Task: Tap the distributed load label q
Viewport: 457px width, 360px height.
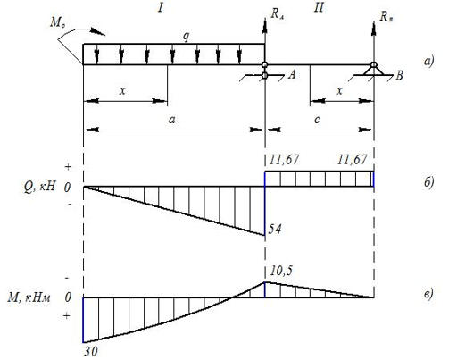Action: (x=186, y=37)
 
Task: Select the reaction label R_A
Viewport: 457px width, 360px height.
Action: (x=277, y=13)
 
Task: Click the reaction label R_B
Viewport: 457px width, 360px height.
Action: (x=386, y=16)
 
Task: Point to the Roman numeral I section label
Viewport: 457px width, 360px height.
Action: (x=161, y=8)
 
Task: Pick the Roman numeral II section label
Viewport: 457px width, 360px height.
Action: (x=319, y=8)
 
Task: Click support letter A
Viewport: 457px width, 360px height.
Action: (x=292, y=74)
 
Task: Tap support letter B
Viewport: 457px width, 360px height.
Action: (x=399, y=76)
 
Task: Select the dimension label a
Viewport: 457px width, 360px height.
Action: (x=172, y=120)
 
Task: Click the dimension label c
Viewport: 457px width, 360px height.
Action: (x=317, y=120)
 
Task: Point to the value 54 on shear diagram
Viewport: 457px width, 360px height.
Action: (x=275, y=230)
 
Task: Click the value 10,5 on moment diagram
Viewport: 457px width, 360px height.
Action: (x=281, y=271)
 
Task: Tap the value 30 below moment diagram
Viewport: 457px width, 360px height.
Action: (x=90, y=352)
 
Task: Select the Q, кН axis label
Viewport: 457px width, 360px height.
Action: (x=39, y=187)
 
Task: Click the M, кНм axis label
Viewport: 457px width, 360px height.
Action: (x=29, y=297)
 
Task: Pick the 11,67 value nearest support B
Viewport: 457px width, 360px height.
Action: (x=352, y=160)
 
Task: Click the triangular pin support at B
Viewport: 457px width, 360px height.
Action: (x=374, y=70)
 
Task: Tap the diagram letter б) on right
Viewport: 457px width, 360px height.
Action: (x=429, y=182)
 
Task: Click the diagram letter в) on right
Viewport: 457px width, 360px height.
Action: (x=428, y=293)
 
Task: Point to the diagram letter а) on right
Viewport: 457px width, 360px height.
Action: (x=429, y=61)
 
